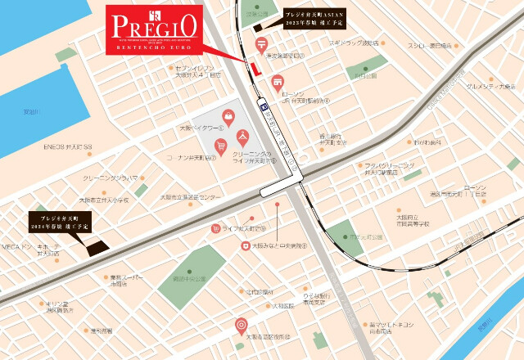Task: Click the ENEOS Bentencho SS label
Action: tap(69, 148)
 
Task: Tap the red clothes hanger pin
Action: tap(242, 136)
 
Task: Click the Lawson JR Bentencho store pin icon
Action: tap(278, 82)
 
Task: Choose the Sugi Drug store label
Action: tap(353, 43)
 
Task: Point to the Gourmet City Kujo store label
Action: tap(490, 86)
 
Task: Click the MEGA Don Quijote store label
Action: tap(25, 248)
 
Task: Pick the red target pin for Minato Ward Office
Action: tap(241, 326)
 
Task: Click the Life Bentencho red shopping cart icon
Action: tap(215, 229)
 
